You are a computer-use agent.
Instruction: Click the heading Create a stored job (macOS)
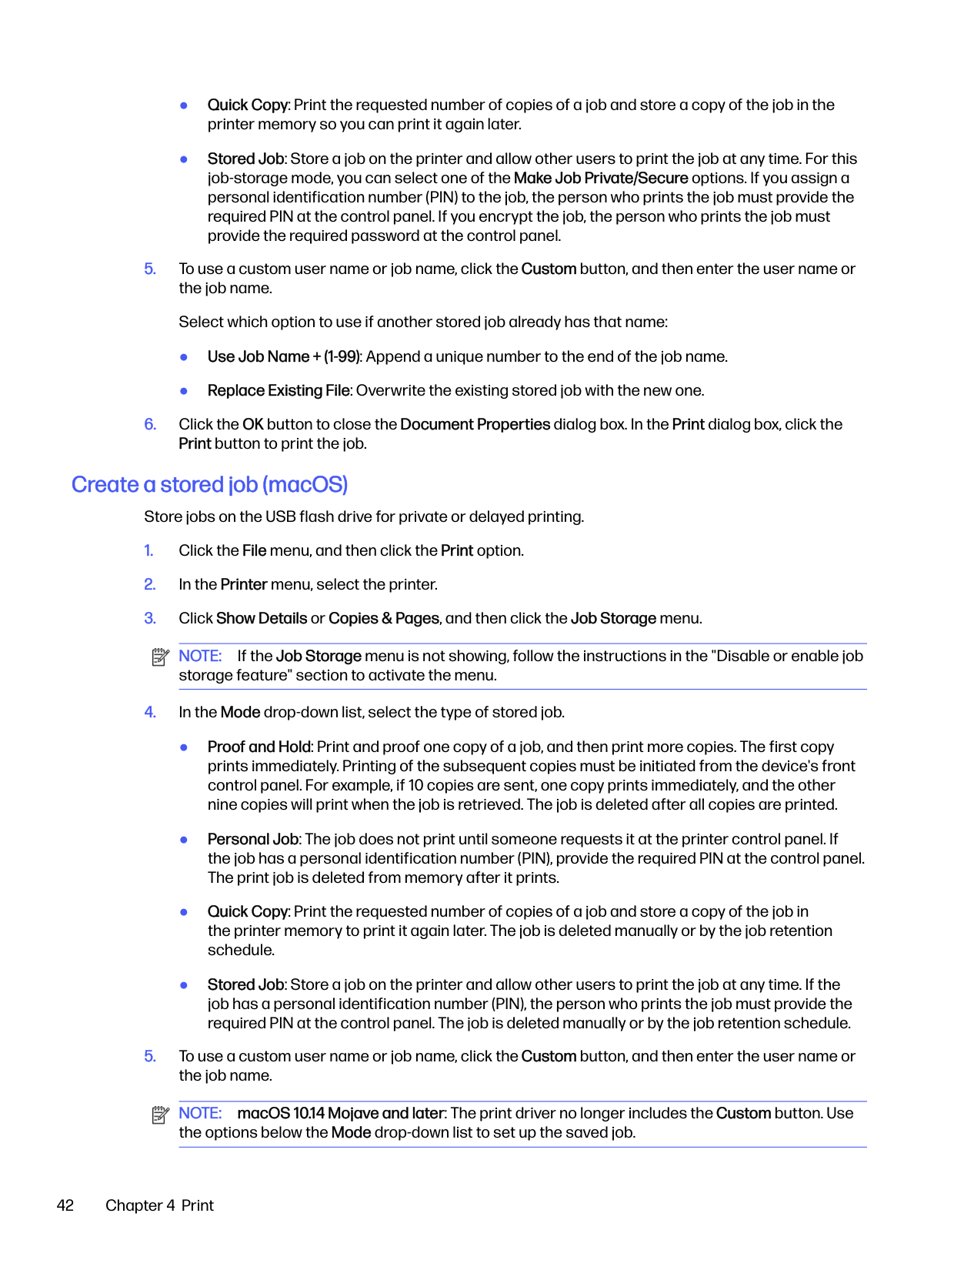coord(209,485)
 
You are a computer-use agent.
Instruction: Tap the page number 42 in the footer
coord(65,1205)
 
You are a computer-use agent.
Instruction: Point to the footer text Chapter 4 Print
coord(159,1205)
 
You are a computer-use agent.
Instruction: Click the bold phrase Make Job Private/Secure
coord(600,178)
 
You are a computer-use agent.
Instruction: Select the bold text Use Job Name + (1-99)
coord(283,356)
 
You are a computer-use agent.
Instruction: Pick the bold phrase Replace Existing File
coord(279,390)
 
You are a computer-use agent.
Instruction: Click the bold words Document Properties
coord(475,424)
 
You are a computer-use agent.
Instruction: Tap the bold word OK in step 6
coord(252,424)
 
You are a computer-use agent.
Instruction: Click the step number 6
coord(150,424)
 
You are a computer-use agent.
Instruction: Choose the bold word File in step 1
coord(254,550)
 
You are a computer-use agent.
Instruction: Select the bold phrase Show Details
coord(262,618)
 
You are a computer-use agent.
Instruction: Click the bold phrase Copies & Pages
coord(384,618)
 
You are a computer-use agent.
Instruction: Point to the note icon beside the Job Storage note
coord(160,657)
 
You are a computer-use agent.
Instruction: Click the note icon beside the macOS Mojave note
coord(160,1115)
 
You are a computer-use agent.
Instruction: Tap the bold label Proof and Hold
coord(259,747)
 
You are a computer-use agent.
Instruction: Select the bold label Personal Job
coord(253,839)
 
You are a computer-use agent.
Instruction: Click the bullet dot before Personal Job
coord(184,840)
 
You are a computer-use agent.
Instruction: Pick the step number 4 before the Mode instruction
coord(150,712)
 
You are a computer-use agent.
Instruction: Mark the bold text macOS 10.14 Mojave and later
coord(341,1113)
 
